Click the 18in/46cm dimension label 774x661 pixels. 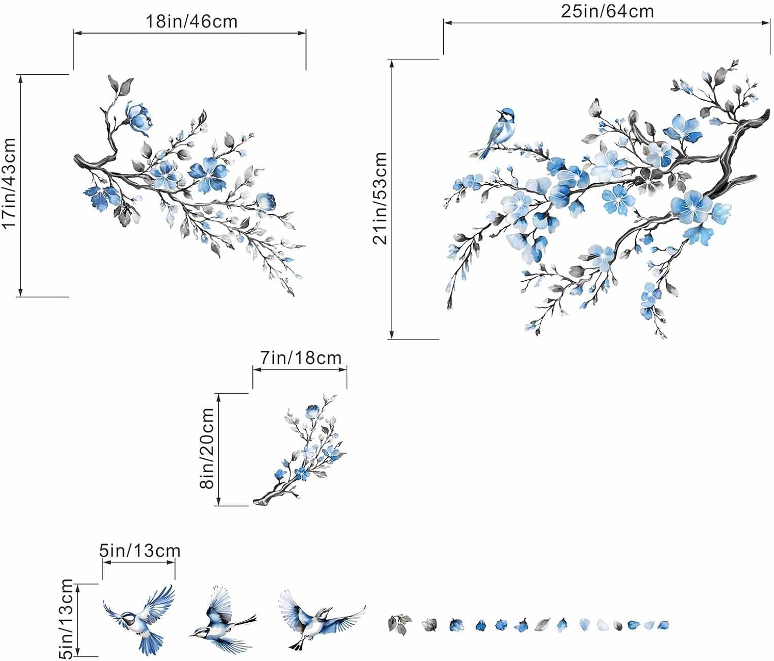point(191,21)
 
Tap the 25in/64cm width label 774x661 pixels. point(607,11)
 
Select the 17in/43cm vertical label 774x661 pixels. point(10,183)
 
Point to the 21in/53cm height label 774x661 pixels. point(380,198)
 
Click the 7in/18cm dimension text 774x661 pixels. point(300,358)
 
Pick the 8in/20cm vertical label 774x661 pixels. point(207,448)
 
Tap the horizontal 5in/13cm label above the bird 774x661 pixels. point(140,551)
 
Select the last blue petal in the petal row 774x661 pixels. point(663,625)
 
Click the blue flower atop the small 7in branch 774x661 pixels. point(313,411)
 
